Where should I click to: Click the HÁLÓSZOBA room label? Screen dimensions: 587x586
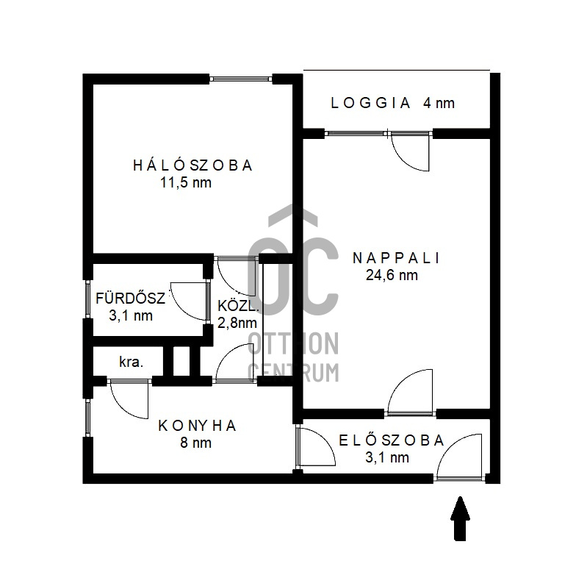tap(192, 165)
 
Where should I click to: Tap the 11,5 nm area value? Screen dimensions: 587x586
tap(186, 182)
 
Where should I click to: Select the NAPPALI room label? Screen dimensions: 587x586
tap(396, 258)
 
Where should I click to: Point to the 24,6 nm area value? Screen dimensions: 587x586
tap(392, 276)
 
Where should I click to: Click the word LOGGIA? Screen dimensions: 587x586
tap(370, 103)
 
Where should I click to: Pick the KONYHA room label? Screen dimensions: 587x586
tap(198, 426)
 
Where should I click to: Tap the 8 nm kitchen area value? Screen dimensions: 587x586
tap(196, 443)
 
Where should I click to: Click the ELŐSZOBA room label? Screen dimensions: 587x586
tap(392, 440)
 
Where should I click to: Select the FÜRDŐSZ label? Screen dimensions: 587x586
tap(130, 299)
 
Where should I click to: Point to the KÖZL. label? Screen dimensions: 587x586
tap(239, 306)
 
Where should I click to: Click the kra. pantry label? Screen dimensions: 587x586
tap(131, 362)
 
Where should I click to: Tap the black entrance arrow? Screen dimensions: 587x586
tap(460, 518)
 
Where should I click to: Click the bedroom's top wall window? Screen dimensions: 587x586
tap(241, 79)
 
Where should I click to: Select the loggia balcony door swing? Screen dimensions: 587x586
tap(410, 151)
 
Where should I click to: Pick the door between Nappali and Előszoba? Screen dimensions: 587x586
tap(411, 393)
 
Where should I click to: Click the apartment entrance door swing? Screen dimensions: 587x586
tap(460, 457)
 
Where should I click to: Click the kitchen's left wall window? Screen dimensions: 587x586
tap(87, 418)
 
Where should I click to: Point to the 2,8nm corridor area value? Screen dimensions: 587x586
tap(237, 323)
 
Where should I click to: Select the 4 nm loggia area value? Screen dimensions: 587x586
tap(439, 103)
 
